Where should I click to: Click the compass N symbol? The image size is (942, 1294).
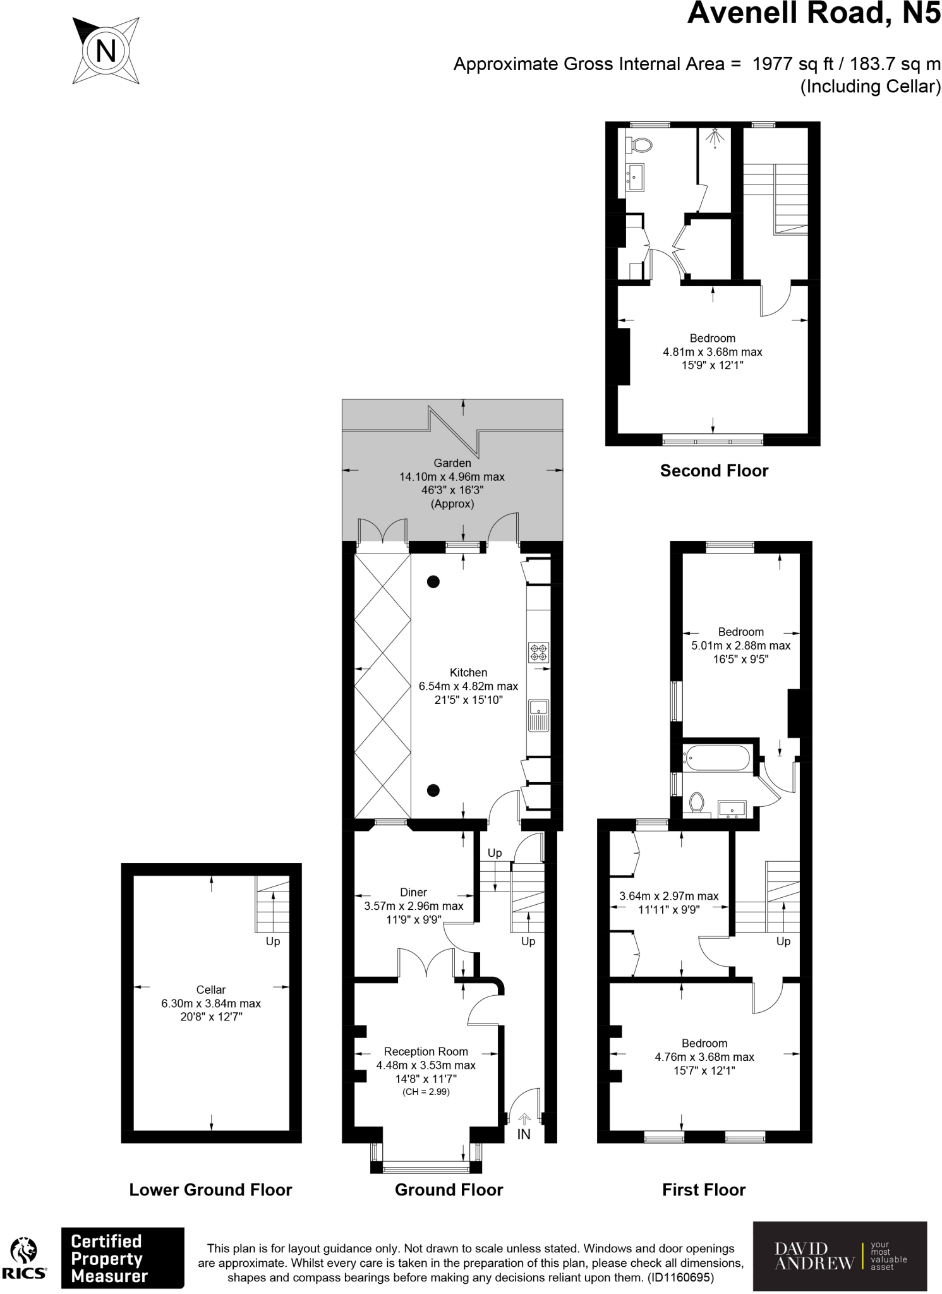(x=106, y=51)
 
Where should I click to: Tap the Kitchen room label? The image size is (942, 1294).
(x=468, y=672)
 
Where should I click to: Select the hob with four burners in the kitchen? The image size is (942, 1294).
(x=539, y=652)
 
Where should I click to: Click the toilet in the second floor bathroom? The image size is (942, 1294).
(x=639, y=145)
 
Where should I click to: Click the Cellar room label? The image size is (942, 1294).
(x=210, y=989)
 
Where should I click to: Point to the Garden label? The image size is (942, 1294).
(x=452, y=463)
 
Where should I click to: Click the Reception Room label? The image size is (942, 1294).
(x=426, y=1051)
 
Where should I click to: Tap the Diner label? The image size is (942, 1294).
(x=413, y=892)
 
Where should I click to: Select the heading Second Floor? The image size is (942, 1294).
(x=714, y=471)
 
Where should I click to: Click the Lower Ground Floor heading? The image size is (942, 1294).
(x=210, y=1190)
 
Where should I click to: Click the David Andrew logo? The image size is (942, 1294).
(x=840, y=1256)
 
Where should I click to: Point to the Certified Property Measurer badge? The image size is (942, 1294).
(x=123, y=1258)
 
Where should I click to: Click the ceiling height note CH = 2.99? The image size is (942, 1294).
(x=426, y=1092)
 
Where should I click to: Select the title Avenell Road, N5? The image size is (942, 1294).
(x=814, y=13)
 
